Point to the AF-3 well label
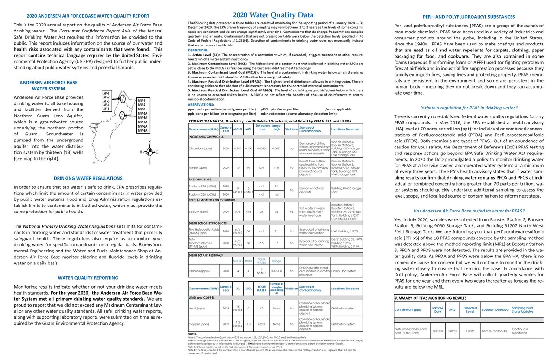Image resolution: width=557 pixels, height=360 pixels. [106, 101]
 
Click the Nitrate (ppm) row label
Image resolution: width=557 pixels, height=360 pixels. [198, 167]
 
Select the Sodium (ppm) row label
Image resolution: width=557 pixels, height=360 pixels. [198, 212]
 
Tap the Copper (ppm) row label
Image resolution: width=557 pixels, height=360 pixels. [199, 324]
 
